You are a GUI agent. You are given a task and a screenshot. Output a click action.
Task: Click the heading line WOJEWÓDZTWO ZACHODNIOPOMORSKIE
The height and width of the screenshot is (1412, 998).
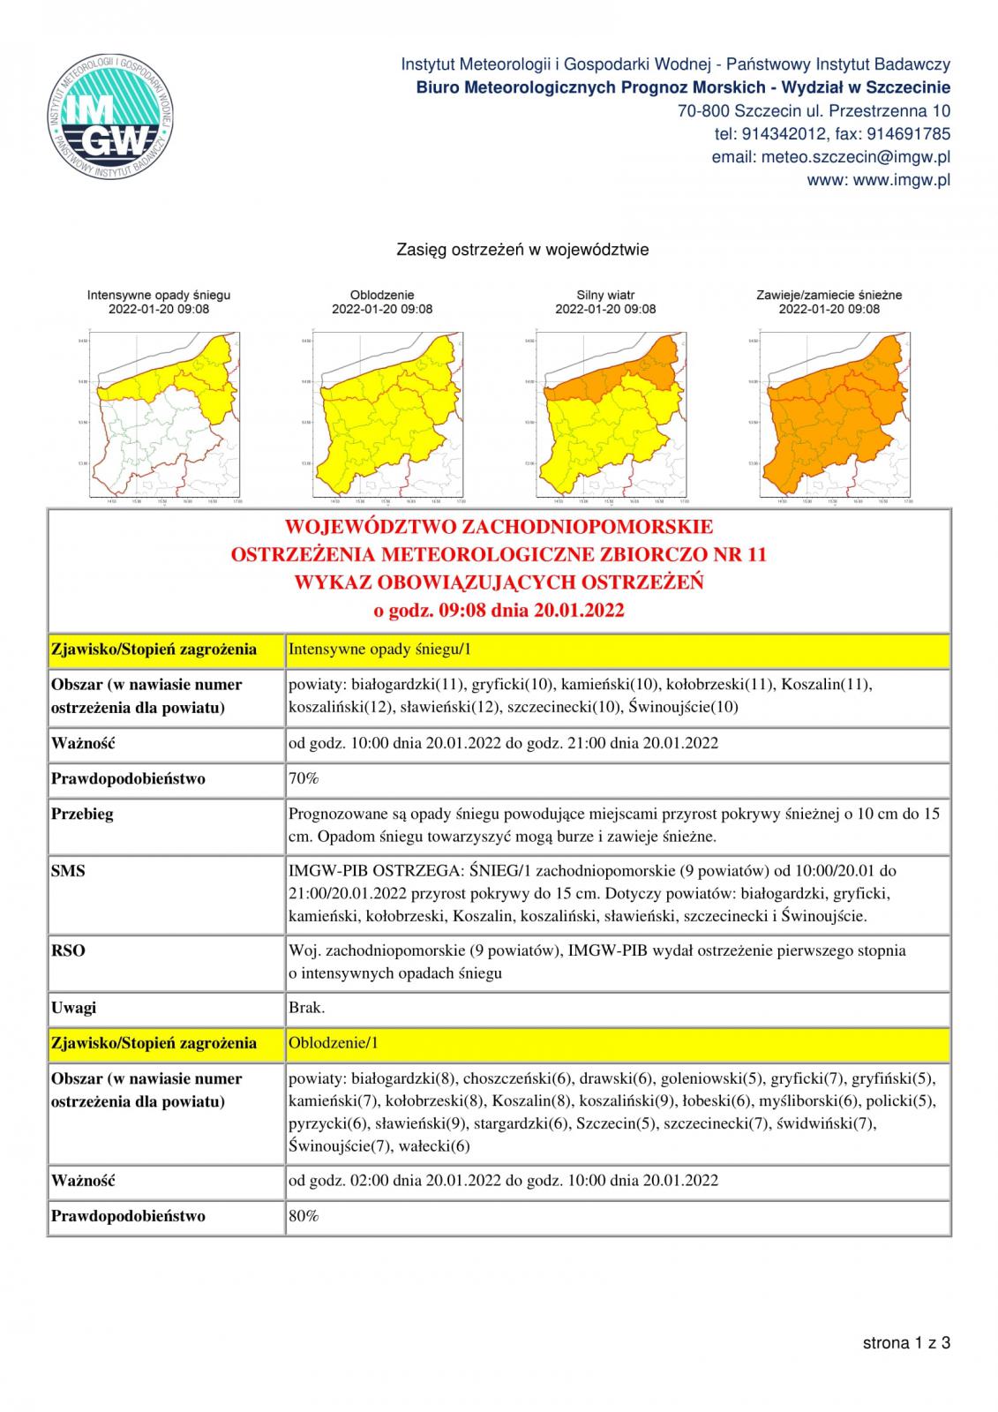coord(499,528)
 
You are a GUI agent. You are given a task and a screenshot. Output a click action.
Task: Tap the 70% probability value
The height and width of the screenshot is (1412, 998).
coord(304,778)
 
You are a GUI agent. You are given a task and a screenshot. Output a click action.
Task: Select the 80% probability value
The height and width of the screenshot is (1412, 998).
coord(304,1216)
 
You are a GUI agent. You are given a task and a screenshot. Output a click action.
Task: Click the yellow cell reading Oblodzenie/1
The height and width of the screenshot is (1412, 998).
coord(334,1043)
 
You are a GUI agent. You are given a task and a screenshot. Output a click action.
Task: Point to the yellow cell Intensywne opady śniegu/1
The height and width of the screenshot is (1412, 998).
coord(380,650)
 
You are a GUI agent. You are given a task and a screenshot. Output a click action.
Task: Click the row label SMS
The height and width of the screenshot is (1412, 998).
coord(68,871)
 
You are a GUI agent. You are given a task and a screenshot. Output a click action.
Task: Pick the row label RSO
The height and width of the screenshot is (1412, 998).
coord(68,951)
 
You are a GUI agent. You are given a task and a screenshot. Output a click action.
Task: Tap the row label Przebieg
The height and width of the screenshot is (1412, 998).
coord(82,814)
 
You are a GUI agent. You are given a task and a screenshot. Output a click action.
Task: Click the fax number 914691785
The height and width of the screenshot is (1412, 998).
coord(910,134)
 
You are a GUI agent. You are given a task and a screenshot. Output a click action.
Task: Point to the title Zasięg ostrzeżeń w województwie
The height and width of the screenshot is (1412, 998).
coord(522,250)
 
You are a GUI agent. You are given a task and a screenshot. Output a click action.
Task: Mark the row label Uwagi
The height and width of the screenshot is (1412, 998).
coord(74,1008)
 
